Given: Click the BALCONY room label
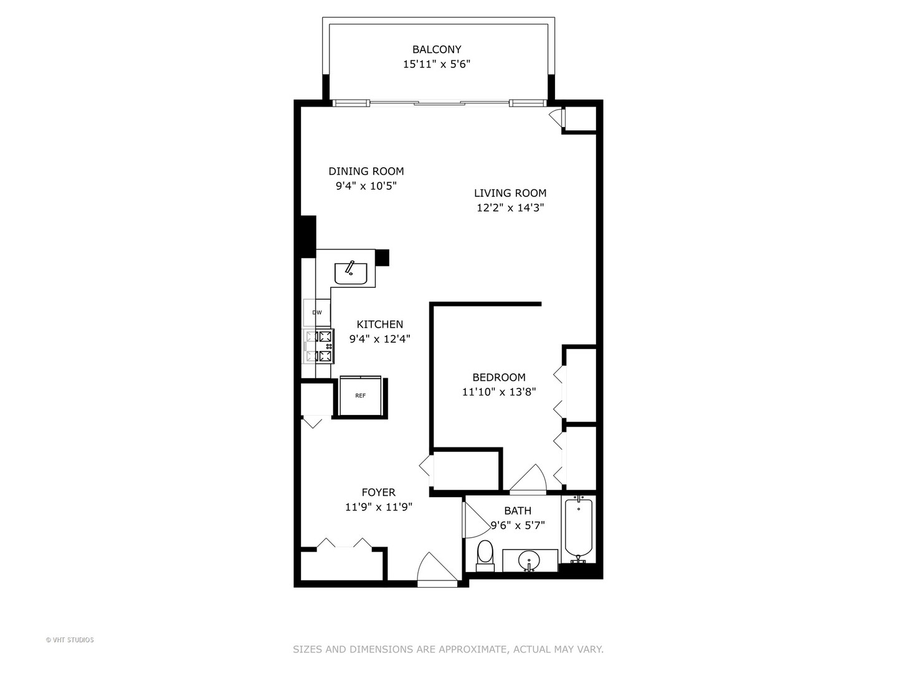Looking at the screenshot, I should (436, 49).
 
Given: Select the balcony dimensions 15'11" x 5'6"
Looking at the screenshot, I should (436, 64).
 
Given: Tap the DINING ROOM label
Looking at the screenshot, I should (366, 171).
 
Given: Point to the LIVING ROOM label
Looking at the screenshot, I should (510, 193).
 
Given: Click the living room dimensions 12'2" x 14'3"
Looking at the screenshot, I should (510, 208).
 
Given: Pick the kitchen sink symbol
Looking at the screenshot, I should (351, 273).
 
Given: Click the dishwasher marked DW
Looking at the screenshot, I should (317, 313).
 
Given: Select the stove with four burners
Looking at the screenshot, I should (318, 347).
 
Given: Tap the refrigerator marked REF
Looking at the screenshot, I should (360, 396).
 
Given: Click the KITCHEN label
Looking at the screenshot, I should (379, 324).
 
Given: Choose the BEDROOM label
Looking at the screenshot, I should (498, 377).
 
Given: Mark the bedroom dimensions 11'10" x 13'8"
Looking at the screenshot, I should (498, 392).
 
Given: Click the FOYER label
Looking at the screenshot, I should (378, 492).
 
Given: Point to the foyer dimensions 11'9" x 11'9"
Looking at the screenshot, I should (378, 507).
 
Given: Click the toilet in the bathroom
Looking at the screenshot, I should (485, 555).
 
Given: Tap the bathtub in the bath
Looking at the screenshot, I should (579, 528).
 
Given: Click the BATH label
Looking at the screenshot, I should (518, 511).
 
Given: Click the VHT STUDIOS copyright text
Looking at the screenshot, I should (70, 640).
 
